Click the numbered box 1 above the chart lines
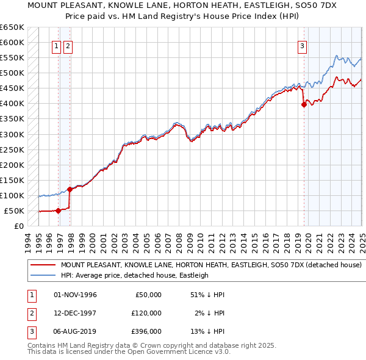[x=56, y=45]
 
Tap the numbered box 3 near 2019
[x=302, y=45]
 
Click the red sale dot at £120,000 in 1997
[x=70, y=189]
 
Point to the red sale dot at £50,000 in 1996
[x=58, y=211]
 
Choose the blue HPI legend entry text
[x=134, y=275]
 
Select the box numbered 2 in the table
[x=30, y=312]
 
